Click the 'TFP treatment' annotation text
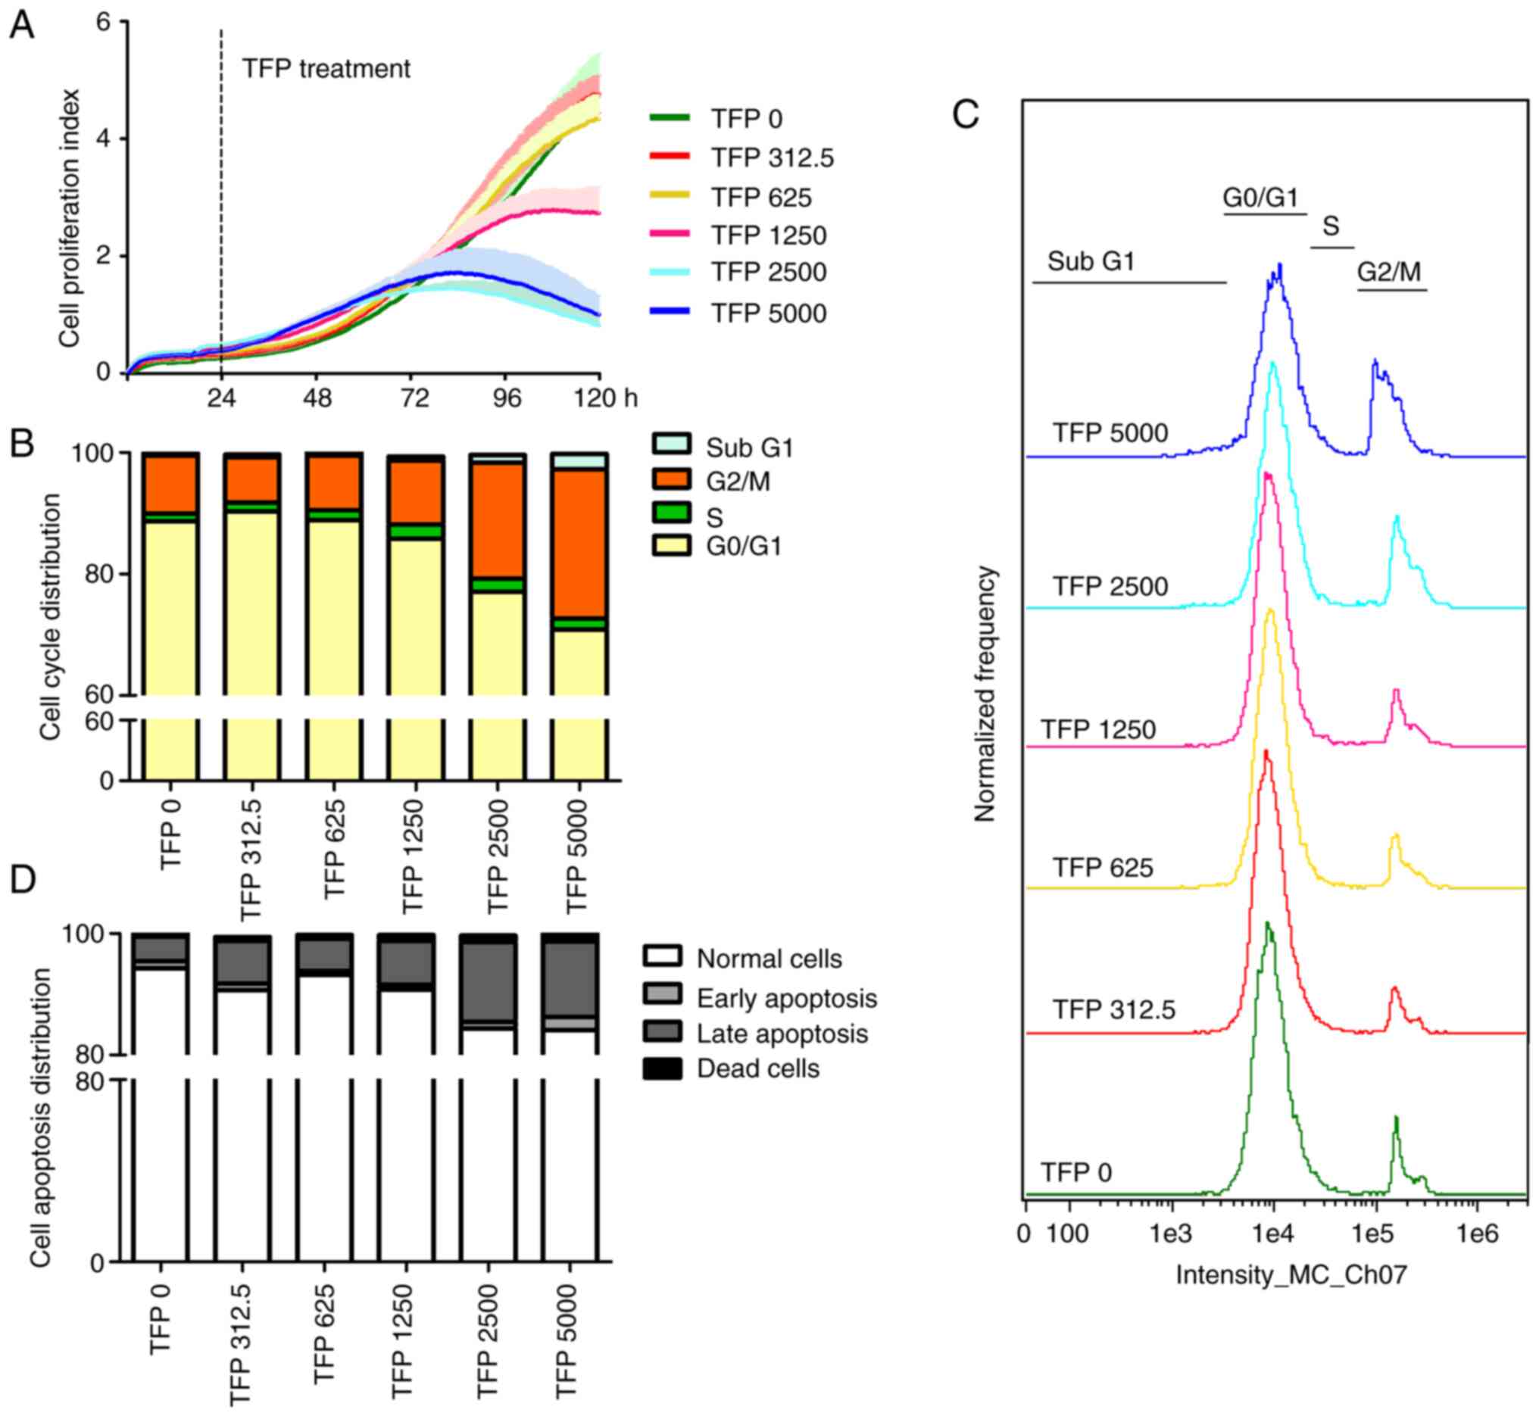(x=326, y=69)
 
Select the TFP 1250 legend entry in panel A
(x=768, y=235)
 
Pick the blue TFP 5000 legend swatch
(x=669, y=311)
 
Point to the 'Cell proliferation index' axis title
(x=70, y=218)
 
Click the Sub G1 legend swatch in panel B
(x=671, y=444)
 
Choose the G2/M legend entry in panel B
(x=737, y=482)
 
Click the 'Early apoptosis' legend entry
(x=786, y=999)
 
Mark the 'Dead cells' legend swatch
(x=662, y=1069)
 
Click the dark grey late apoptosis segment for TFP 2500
(x=488, y=981)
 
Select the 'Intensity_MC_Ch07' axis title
(x=1291, y=1275)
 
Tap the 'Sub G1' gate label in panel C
(x=1091, y=262)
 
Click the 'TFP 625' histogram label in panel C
(x=1102, y=867)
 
